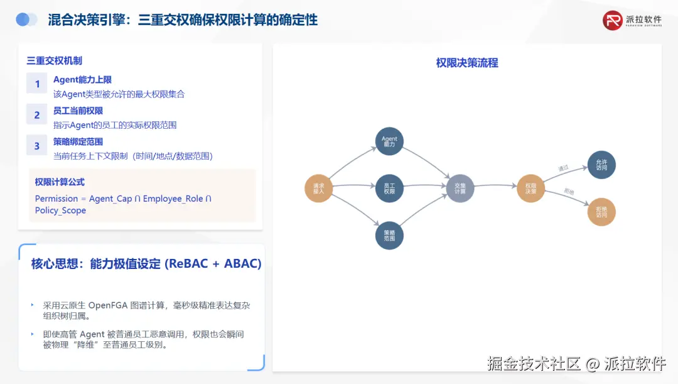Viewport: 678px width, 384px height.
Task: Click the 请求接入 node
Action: coord(318,187)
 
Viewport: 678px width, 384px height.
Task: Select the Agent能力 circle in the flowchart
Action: coord(389,141)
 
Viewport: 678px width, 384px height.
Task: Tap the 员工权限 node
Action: coord(389,187)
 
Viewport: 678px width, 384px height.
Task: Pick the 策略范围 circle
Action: coord(389,236)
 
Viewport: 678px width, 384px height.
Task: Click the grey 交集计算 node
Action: coord(460,187)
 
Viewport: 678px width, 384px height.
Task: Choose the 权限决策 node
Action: coord(531,187)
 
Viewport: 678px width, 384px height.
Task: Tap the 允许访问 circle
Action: coord(601,165)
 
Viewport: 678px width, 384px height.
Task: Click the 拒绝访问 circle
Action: coord(601,212)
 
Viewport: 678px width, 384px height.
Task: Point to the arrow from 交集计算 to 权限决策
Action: coord(495,186)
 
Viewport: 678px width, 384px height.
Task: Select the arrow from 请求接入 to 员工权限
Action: coord(353,186)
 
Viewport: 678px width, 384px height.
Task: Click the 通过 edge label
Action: coord(563,168)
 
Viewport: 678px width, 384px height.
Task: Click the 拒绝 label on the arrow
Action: coord(569,191)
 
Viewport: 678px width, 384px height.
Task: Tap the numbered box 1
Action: coord(37,84)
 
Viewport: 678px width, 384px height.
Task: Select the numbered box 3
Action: coord(37,145)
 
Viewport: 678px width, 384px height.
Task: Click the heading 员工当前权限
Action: coord(78,111)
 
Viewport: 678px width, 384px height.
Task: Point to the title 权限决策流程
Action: coord(467,63)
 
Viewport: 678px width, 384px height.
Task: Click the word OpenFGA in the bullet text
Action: coord(107,305)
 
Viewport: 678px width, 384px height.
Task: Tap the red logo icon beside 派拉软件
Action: coord(613,20)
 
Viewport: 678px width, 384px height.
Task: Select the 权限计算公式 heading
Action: coord(60,182)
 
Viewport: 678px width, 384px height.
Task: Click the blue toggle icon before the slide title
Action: coord(26,20)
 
